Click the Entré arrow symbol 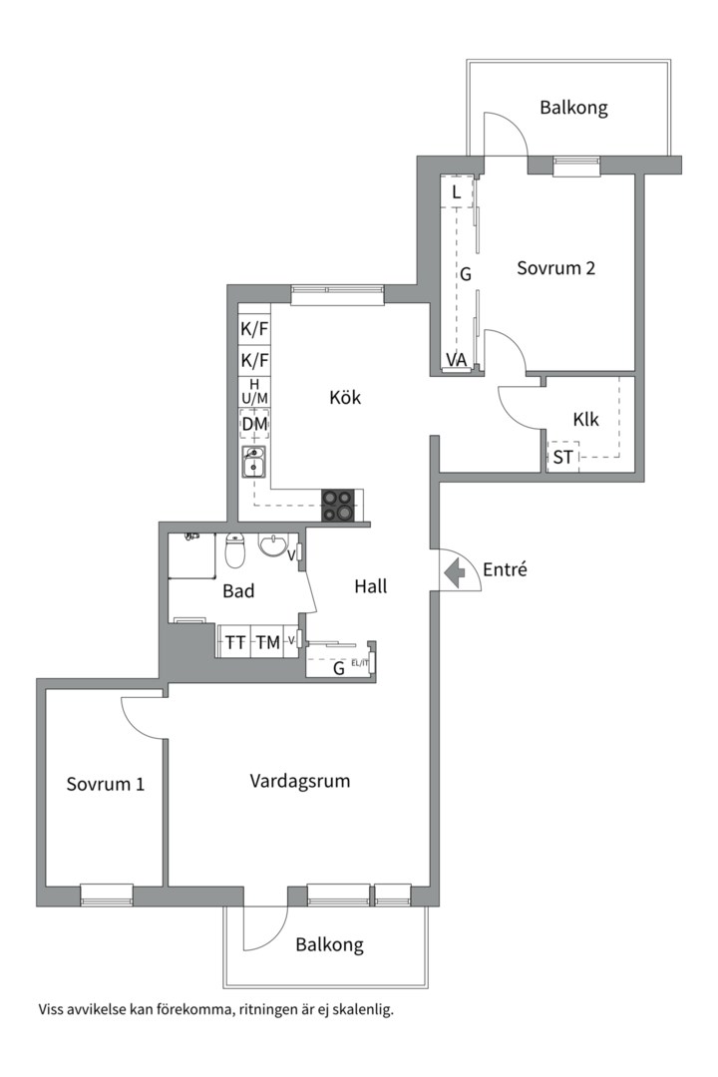point(455,572)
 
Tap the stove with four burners point(338,505)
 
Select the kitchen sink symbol point(254,463)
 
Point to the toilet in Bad point(235,550)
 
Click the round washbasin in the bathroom point(274,545)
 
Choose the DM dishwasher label point(254,424)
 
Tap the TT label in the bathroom point(235,643)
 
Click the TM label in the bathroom point(268,643)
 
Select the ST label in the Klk point(562,457)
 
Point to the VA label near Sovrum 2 point(456,360)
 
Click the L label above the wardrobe point(456,193)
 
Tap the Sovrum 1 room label point(105,784)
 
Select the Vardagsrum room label point(299,781)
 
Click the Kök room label point(345,397)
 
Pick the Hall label point(371,586)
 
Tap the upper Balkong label point(573,108)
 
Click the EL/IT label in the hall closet point(360,663)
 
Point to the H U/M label point(254,392)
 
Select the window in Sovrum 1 point(107,895)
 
